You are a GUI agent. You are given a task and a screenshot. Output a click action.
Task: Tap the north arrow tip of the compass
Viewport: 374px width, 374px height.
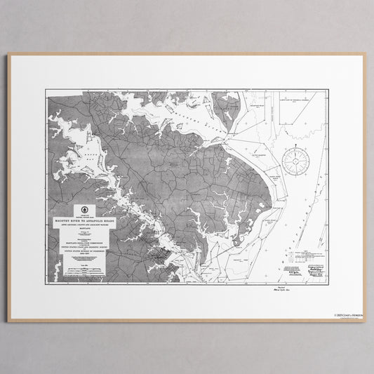coord(298,143)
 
